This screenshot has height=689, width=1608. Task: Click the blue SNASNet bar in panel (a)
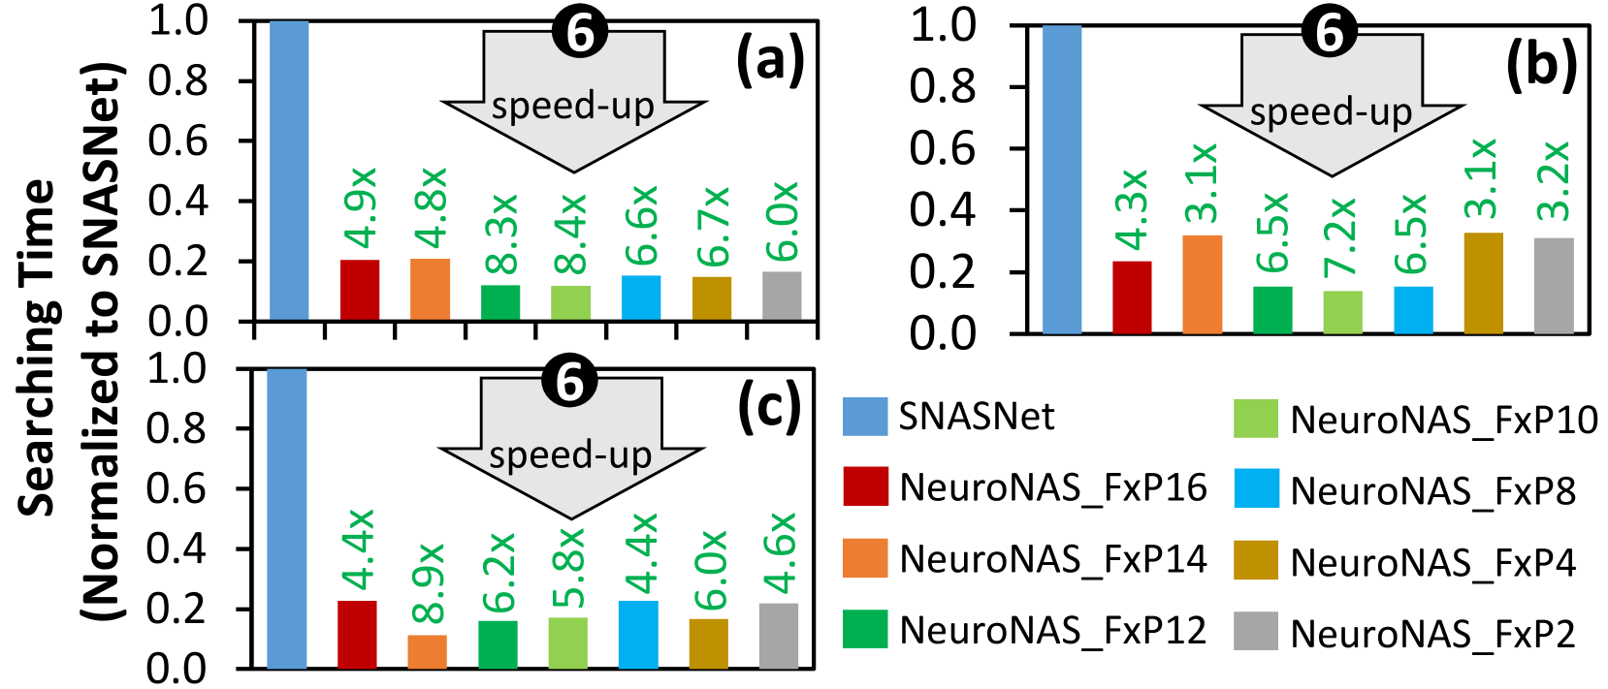click(289, 170)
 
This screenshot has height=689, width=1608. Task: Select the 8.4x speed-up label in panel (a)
click(571, 234)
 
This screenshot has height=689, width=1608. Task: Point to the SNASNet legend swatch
click(864, 417)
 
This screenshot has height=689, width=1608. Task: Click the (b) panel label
click(1541, 65)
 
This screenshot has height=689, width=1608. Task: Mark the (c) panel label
click(769, 408)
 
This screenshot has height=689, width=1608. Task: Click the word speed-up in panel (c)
click(570, 455)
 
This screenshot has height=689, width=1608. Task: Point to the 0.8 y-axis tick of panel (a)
click(177, 80)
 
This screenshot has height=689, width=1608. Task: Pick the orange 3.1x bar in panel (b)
click(1203, 284)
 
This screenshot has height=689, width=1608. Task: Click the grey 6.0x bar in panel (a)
click(782, 296)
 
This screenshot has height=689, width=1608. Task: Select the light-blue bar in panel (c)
click(638, 635)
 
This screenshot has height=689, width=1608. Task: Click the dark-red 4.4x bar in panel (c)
click(357, 635)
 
